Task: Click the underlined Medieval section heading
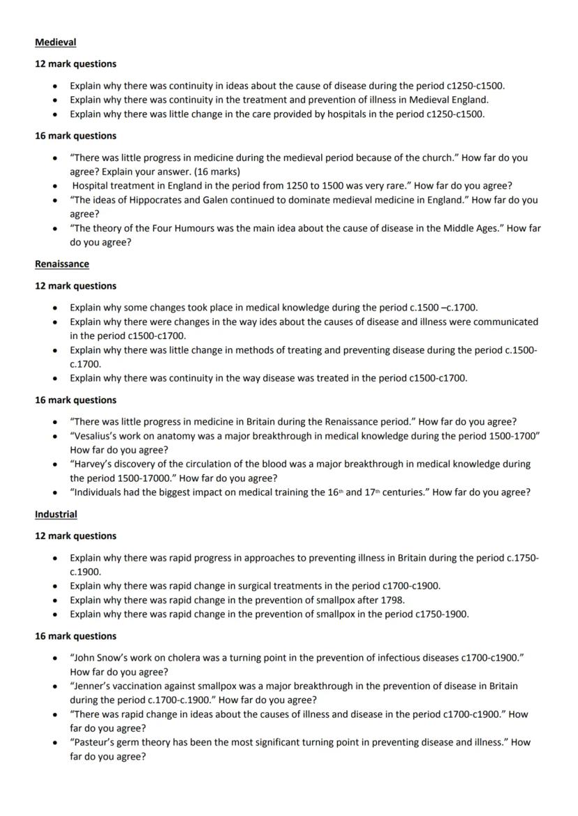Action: click(55, 43)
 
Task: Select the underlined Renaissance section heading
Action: click(61, 264)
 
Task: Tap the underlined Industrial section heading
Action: click(56, 514)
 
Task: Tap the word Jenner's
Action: click(91, 686)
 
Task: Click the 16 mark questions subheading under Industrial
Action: click(75, 636)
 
